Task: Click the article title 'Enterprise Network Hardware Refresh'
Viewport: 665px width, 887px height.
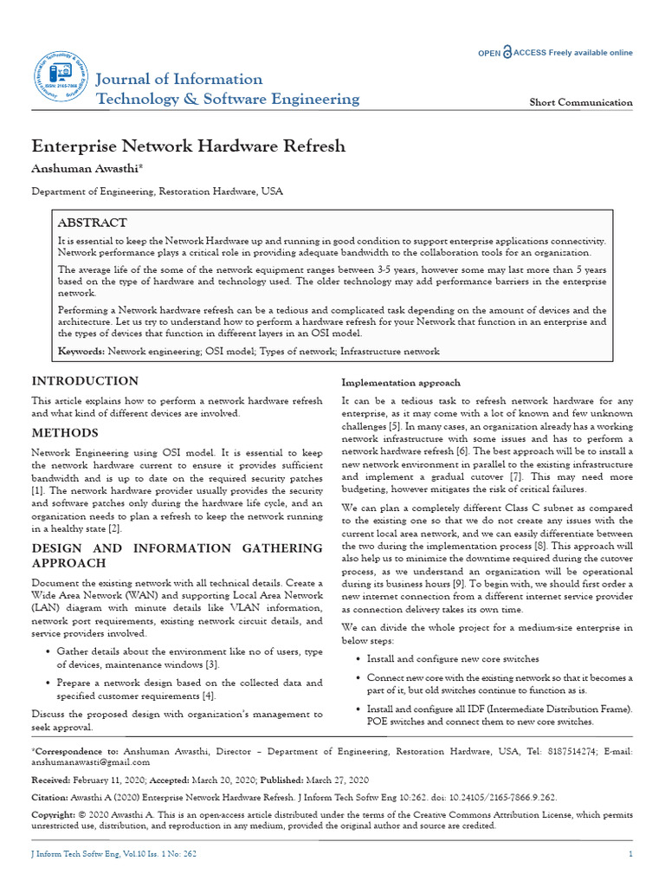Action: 189,146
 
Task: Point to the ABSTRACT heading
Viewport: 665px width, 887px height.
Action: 93,223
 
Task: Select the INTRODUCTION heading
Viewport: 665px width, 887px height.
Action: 85,381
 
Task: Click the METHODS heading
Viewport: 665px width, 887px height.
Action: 65,433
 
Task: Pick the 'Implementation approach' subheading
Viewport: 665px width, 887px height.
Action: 401,383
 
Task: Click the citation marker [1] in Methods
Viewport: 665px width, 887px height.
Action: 37,491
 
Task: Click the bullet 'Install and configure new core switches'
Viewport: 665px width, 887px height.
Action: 453,659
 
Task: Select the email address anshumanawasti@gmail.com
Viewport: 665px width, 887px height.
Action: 91,762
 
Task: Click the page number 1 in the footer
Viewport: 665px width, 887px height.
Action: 630,855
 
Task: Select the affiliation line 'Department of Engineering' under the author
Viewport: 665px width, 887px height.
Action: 157,191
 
